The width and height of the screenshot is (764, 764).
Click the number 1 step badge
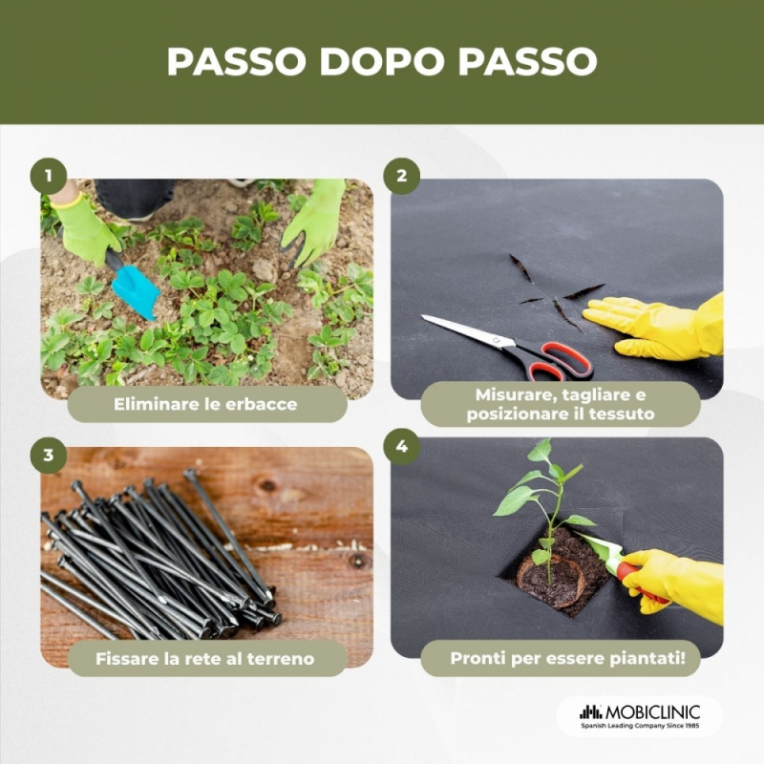click(x=49, y=176)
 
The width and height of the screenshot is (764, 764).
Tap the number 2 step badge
click(x=401, y=176)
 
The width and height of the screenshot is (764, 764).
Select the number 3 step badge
click(x=49, y=456)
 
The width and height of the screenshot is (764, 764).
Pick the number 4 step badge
click(x=401, y=446)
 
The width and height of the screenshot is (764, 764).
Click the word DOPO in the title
click(x=381, y=62)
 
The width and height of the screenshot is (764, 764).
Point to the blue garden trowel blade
click(x=136, y=292)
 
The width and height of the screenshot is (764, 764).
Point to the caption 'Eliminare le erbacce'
click(x=205, y=404)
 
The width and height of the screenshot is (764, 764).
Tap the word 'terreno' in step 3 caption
click(x=281, y=659)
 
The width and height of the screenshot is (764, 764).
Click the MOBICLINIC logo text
click(x=652, y=711)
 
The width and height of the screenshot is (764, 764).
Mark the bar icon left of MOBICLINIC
click(x=591, y=711)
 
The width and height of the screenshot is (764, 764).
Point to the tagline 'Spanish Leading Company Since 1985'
click(x=640, y=726)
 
